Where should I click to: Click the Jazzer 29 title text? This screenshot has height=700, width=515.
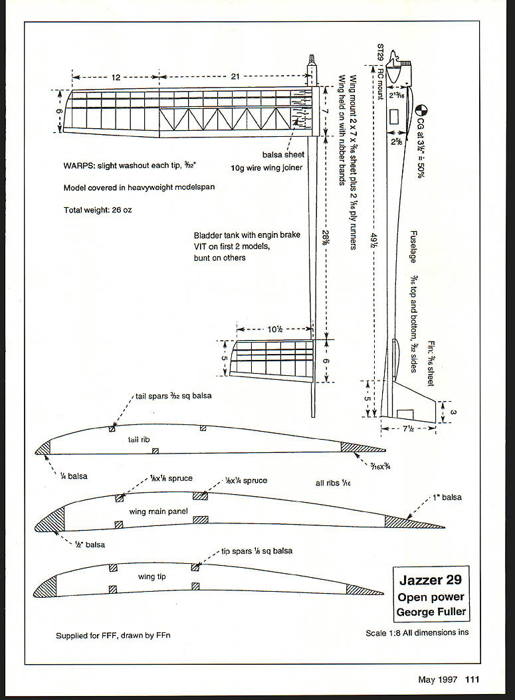(430, 579)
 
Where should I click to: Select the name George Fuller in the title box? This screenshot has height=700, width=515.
(430, 611)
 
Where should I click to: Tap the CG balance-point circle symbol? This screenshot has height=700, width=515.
(420, 112)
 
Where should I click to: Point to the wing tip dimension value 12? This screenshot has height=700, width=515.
(116, 78)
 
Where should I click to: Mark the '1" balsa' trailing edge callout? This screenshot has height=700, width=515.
(445, 497)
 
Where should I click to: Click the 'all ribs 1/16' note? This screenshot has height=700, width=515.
(333, 483)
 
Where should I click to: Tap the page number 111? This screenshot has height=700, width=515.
(472, 679)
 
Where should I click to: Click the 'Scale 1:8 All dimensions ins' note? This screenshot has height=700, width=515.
(417, 632)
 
